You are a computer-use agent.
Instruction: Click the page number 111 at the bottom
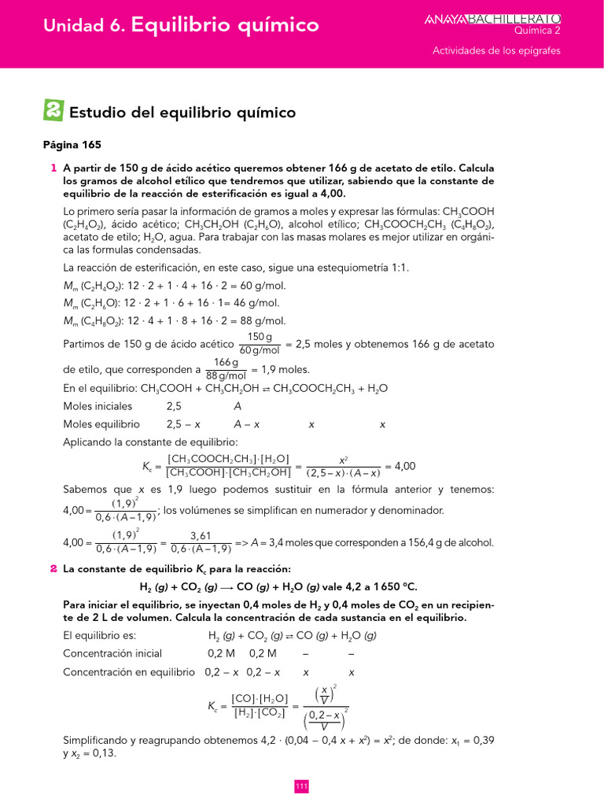pos(301,786)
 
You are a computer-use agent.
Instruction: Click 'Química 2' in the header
pos(537,31)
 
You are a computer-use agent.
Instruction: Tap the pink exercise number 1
pos(53,168)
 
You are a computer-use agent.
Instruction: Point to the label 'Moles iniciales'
pos(98,406)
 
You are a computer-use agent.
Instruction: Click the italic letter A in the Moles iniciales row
pos(238,406)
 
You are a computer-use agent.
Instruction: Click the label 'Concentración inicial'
pos(112,653)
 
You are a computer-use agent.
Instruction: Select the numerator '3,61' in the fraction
pos(201,535)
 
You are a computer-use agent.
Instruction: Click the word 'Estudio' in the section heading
pos(98,113)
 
